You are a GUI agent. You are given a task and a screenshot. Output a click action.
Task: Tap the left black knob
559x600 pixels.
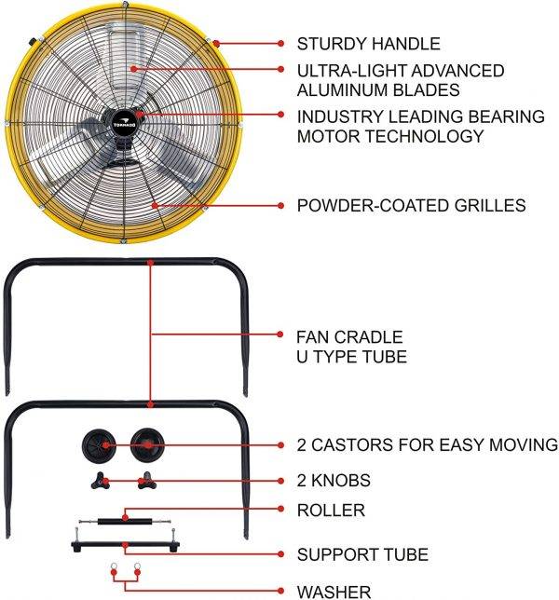(x=102, y=481)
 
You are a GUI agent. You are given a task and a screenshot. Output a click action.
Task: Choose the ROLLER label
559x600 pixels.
(x=331, y=510)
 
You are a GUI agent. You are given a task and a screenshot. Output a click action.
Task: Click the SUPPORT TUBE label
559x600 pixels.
(x=362, y=554)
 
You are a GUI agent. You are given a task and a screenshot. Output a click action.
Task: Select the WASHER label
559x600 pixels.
(x=334, y=591)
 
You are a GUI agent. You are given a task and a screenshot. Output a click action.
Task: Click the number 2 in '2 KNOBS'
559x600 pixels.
(x=302, y=481)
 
